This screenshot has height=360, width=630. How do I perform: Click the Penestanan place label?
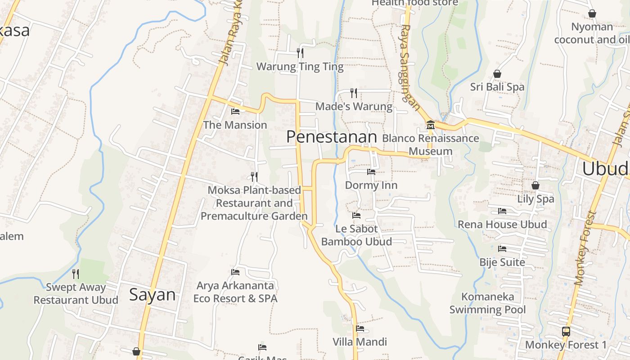click(332, 137)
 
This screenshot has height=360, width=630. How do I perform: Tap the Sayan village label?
click(152, 295)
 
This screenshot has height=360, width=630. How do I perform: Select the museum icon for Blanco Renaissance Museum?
click(430, 124)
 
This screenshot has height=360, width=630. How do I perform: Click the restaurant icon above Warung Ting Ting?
click(300, 53)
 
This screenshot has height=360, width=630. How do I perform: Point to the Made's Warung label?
click(354, 107)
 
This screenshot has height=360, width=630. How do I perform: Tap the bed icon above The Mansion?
click(235, 111)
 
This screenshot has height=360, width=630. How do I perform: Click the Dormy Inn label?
click(371, 185)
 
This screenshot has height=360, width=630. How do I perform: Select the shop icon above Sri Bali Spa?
click(497, 73)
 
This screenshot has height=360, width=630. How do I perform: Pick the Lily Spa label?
click(535, 199)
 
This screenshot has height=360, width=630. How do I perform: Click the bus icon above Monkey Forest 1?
click(566, 332)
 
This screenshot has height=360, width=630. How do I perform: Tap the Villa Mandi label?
click(360, 342)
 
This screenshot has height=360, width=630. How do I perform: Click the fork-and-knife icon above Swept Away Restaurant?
click(76, 273)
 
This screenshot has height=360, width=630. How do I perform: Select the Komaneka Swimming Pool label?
click(488, 303)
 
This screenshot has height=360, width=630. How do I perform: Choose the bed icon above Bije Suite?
click(502, 248)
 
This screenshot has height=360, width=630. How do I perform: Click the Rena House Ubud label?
click(502, 225)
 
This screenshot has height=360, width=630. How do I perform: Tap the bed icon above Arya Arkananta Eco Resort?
click(235, 272)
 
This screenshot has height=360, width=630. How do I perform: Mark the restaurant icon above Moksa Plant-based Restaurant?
click(254, 176)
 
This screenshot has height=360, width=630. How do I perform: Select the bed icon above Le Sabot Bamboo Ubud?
click(356, 215)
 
